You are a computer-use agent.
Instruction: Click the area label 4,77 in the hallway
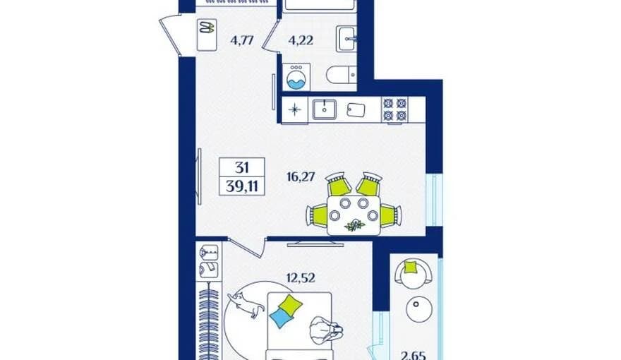coord(241,40)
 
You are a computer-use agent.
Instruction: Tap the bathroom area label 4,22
coord(301,40)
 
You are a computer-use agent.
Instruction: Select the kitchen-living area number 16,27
coord(301,176)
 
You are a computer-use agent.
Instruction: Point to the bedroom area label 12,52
coord(301,277)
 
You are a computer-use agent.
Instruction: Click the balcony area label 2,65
coord(414,355)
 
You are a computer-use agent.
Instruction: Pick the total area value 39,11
coord(241,186)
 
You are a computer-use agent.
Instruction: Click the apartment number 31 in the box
coord(241,167)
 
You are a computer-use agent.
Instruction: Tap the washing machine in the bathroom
coord(296,77)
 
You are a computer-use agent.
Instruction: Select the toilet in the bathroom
coord(342,74)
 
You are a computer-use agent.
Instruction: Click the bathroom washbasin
coord(346,39)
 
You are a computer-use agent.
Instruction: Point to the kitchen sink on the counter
coord(325,109)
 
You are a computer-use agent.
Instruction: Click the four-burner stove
coord(395,109)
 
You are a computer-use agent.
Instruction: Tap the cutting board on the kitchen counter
coord(356,110)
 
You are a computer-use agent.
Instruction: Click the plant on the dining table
coord(354,225)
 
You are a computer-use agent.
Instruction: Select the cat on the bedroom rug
coord(246,304)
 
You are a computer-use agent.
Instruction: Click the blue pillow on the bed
coord(281,318)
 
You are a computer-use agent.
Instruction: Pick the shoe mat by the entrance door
coord(207,35)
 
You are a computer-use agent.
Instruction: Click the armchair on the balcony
coord(414,271)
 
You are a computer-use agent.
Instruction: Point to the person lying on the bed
coord(326,329)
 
